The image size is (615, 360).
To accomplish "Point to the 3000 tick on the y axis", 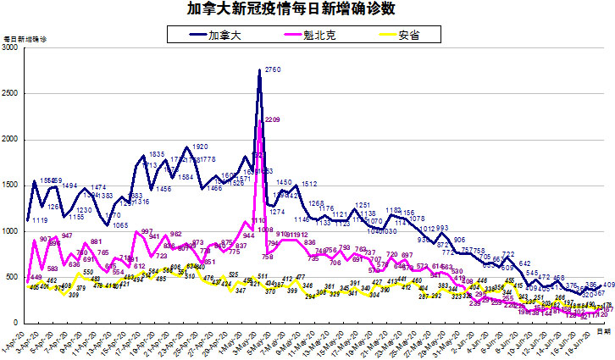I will [x=12, y=48].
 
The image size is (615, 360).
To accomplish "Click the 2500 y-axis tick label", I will [x=12, y=94].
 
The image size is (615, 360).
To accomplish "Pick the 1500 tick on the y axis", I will [x=12, y=186].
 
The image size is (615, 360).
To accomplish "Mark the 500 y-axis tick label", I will [x=14, y=277].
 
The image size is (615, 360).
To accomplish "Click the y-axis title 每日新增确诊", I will [x=26, y=39].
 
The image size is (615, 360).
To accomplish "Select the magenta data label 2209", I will [x=272, y=120].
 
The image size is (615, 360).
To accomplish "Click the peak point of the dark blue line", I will [x=259, y=70].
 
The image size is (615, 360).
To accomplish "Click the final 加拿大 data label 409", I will [x=608, y=285].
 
